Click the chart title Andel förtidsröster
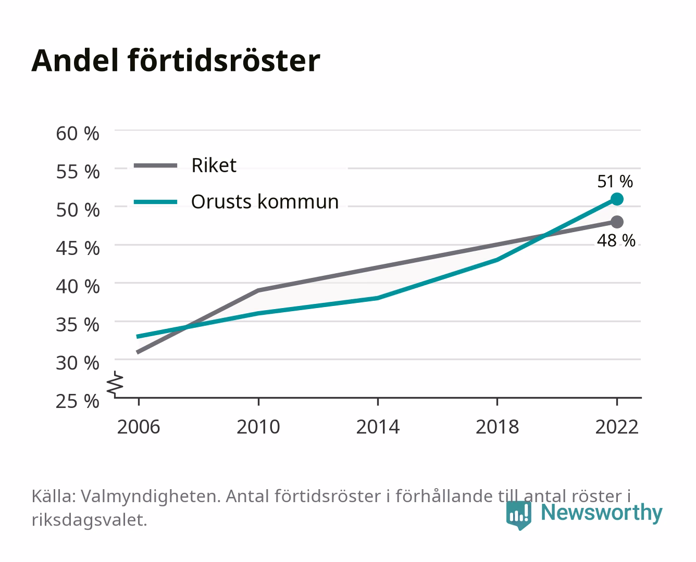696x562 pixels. coord(176,61)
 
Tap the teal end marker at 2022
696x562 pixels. coord(617,199)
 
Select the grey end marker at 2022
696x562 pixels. coord(617,222)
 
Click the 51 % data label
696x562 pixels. coord(615,182)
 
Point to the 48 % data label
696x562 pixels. coord(616,240)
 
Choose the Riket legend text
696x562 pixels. coord(214,165)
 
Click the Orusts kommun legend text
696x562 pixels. coord(265,201)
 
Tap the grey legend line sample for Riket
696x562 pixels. coord(156,166)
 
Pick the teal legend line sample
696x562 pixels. coord(156,202)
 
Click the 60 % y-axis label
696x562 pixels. coord(78,134)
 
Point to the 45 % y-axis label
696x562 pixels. coord(78,248)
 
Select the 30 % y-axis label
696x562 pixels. coord(78,363)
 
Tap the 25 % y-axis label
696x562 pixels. coord(78,401)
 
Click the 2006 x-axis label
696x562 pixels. coord(139,427)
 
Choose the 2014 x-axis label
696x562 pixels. coord(378,427)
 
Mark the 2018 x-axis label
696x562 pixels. coord(498,427)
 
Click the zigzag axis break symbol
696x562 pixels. coord(115,384)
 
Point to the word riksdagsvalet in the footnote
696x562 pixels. coord(89,520)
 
